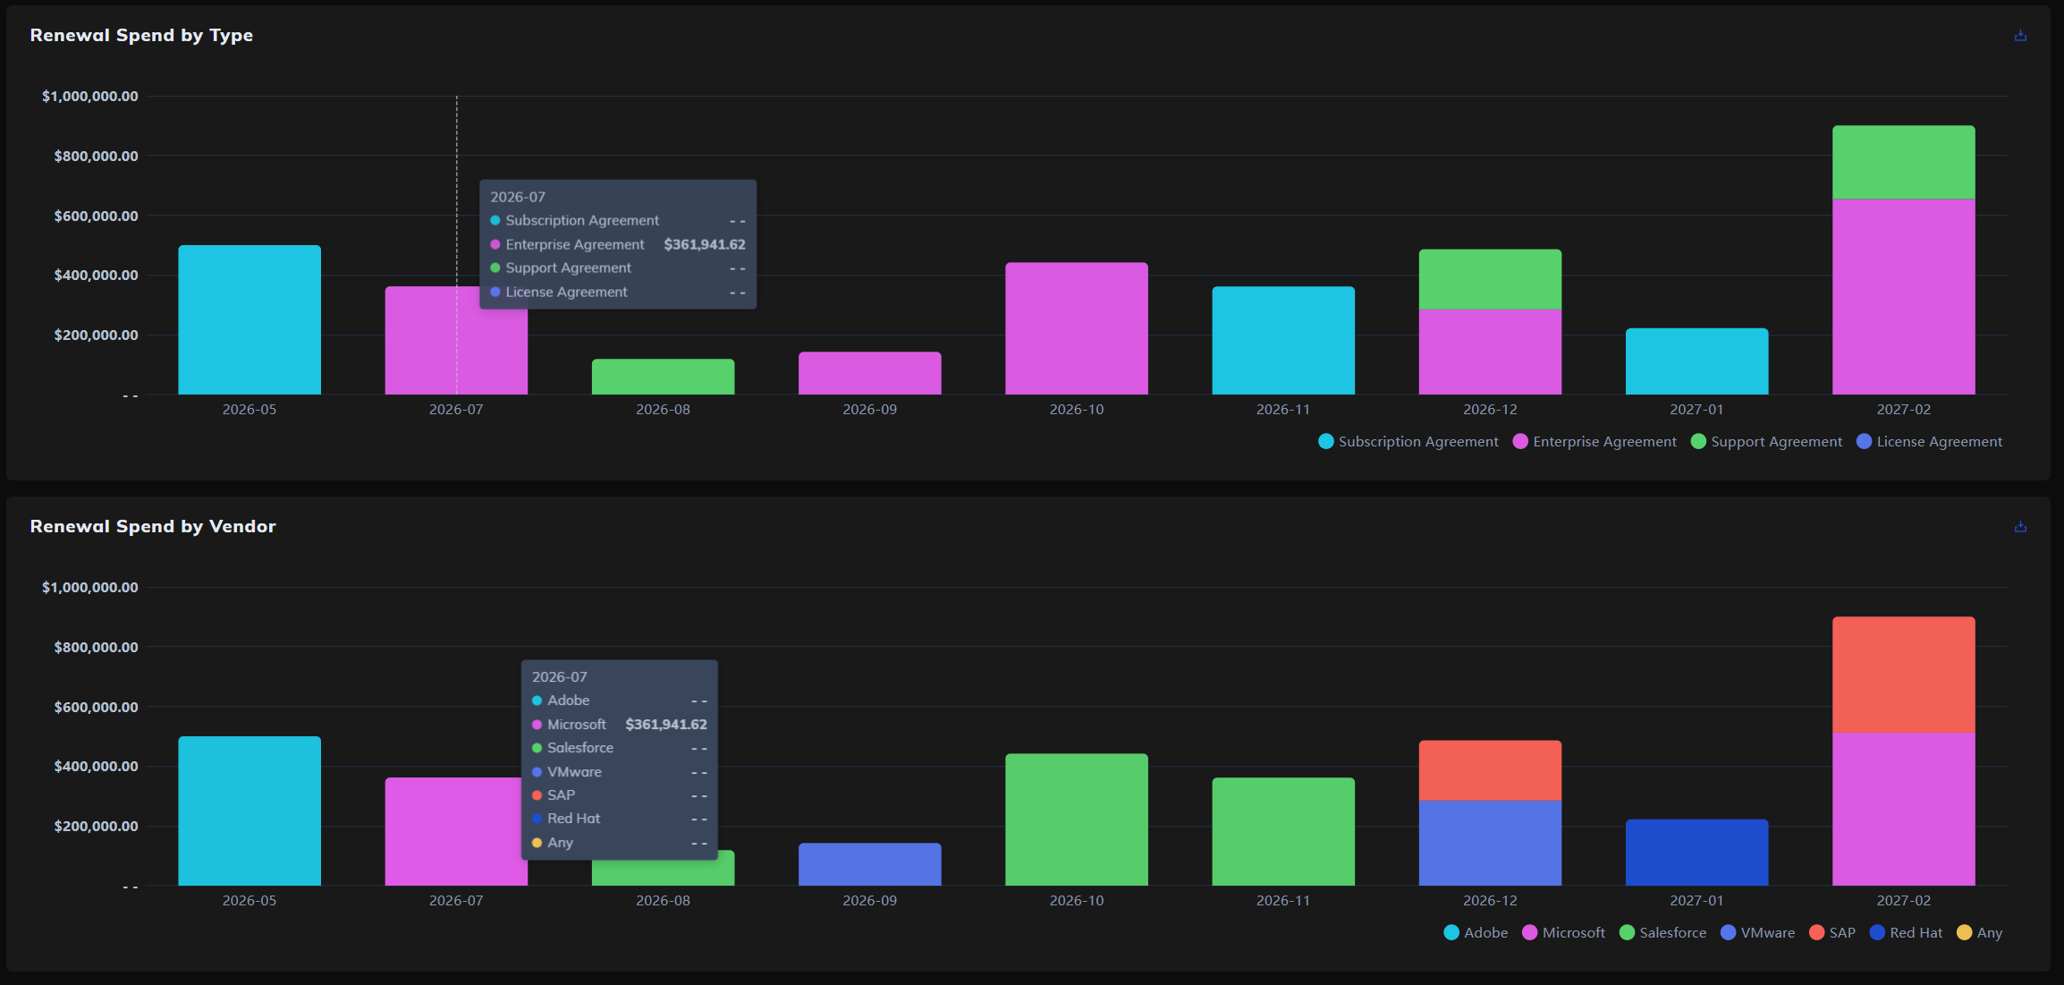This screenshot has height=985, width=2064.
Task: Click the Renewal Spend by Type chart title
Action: point(141,35)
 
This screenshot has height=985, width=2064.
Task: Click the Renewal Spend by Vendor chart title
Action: point(153,526)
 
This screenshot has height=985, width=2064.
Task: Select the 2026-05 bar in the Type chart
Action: point(250,319)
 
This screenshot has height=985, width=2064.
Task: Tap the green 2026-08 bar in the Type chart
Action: point(663,377)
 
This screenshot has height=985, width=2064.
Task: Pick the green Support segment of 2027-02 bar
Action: point(1903,162)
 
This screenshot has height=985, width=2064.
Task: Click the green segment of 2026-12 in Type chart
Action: point(1490,279)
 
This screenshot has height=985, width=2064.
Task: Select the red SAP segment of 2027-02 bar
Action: point(1903,675)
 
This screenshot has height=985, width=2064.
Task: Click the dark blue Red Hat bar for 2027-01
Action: point(1696,853)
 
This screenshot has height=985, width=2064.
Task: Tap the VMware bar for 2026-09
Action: point(869,864)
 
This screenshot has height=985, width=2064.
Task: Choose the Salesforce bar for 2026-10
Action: point(1076,819)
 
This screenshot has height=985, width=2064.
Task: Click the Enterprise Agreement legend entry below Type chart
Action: point(1595,442)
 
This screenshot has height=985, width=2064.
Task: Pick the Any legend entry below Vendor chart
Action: point(1979,933)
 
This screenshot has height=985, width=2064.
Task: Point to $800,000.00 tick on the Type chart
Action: point(96,156)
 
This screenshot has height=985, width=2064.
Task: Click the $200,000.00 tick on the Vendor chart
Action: point(96,826)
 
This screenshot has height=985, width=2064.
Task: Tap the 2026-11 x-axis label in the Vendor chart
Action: point(1283,901)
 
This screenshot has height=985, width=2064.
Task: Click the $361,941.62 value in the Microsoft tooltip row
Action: point(666,725)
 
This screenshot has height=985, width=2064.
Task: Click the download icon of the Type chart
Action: point(2020,36)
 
